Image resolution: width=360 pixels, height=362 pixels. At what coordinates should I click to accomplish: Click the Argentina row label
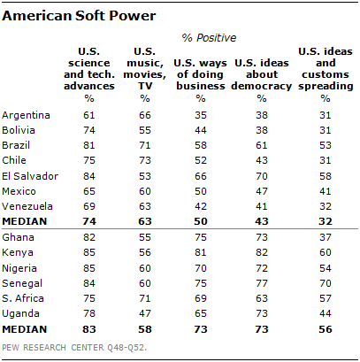(27, 116)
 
